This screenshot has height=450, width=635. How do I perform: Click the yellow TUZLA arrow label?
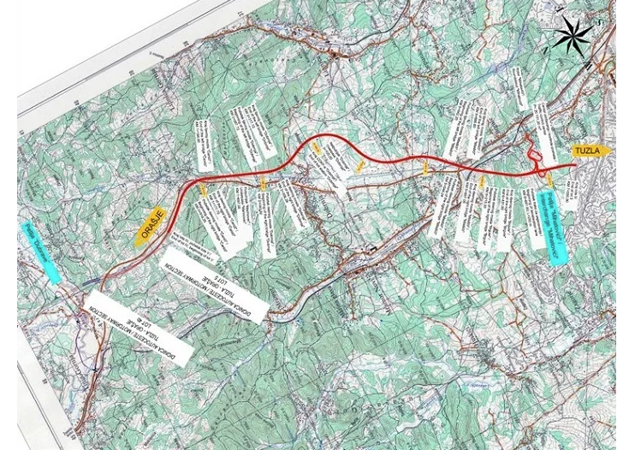pyautogui.click(x=591, y=151)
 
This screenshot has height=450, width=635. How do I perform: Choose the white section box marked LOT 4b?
pyautogui.click(x=136, y=328)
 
